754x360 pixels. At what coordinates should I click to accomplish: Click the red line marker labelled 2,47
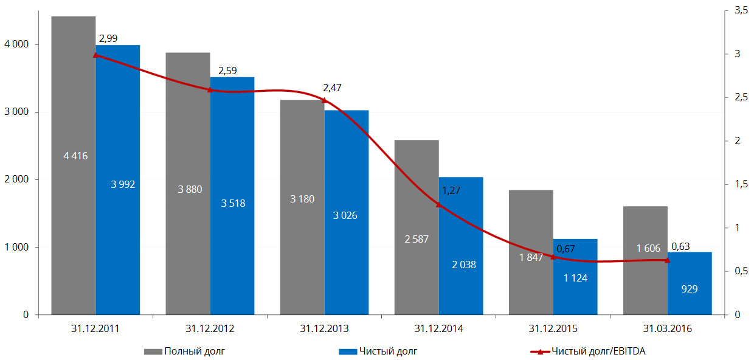click(x=324, y=100)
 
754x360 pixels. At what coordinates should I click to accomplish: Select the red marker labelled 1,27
click(x=438, y=204)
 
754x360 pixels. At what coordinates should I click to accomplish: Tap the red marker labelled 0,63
click(x=667, y=260)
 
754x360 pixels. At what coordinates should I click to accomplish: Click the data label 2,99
click(x=108, y=39)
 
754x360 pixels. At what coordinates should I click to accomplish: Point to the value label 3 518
click(x=233, y=203)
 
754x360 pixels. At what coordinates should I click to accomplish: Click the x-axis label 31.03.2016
click(x=667, y=329)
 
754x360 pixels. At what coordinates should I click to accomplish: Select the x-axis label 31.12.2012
click(x=210, y=329)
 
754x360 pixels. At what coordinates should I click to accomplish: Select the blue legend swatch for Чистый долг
click(x=346, y=351)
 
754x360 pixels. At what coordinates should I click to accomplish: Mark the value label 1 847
click(x=531, y=257)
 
